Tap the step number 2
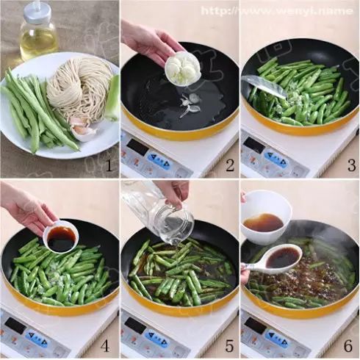[x=229, y=165]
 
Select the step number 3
[x=351, y=165]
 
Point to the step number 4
[x=105, y=346]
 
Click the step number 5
[x=229, y=346]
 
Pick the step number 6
[x=348, y=346]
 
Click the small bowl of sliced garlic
[x=183, y=68]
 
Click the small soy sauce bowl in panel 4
[x=61, y=237]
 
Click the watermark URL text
[x=277, y=11]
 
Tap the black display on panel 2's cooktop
[x=137, y=146]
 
